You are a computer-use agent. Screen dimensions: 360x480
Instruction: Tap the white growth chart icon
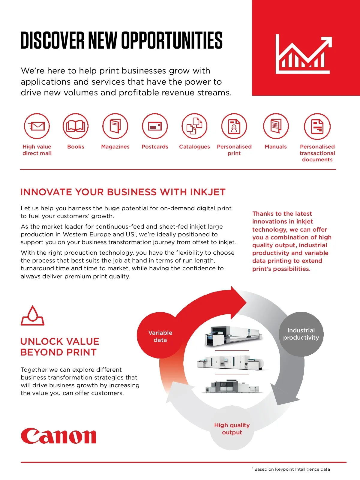coord(304,54)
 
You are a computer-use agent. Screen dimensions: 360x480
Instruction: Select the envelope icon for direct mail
coord(37,126)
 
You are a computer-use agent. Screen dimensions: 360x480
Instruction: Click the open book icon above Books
coord(76,126)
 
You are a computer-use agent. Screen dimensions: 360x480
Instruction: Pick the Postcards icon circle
coord(155,126)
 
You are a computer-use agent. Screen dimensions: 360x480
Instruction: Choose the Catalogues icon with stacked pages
coord(194,126)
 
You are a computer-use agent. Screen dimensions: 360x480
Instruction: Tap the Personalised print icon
coord(234,126)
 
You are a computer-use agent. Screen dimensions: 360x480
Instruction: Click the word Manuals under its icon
coord(276,146)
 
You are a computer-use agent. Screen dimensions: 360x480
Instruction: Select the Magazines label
coord(115,146)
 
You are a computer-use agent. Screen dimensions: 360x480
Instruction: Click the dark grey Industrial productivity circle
coord(301,334)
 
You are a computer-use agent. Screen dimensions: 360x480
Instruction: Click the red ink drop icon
coord(32,315)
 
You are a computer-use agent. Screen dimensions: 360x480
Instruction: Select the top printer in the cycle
coord(233,336)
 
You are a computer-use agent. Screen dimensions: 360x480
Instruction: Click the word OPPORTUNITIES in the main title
coord(172,40)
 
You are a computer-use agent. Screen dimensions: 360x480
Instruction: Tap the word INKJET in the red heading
coord(208,192)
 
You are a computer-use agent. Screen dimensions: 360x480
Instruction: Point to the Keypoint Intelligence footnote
coord(291,469)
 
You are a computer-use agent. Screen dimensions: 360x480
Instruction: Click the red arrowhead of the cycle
coord(238,303)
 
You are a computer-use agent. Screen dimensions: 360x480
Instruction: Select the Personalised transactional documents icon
coord(317,126)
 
